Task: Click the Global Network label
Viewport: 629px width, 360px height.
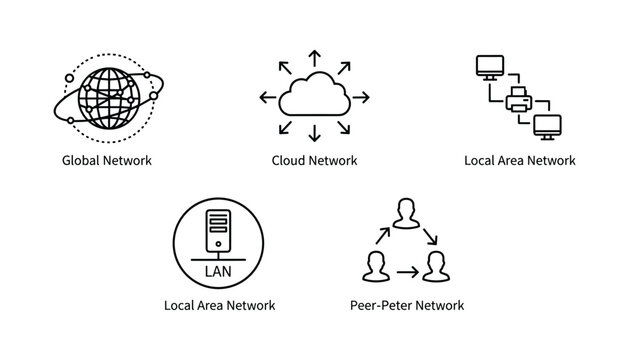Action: (x=106, y=160)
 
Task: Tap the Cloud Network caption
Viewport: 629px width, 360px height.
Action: (x=314, y=160)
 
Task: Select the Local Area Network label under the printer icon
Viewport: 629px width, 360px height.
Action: (x=520, y=160)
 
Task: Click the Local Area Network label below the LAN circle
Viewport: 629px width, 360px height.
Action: (x=219, y=305)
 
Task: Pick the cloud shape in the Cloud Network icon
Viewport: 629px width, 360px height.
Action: (x=314, y=97)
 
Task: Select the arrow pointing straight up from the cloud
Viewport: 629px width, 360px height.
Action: (x=314, y=56)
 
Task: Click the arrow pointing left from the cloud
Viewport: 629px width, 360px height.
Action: (x=267, y=97)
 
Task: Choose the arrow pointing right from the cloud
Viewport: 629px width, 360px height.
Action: (x=361, y=97)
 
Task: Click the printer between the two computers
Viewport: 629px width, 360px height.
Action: (x=520, y=100)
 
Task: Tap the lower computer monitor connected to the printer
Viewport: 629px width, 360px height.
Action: (x=548, y=127)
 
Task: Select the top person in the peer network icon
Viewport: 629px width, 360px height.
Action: (x=406, y=214)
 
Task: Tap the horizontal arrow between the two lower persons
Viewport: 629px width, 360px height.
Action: (x=405, y=271)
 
